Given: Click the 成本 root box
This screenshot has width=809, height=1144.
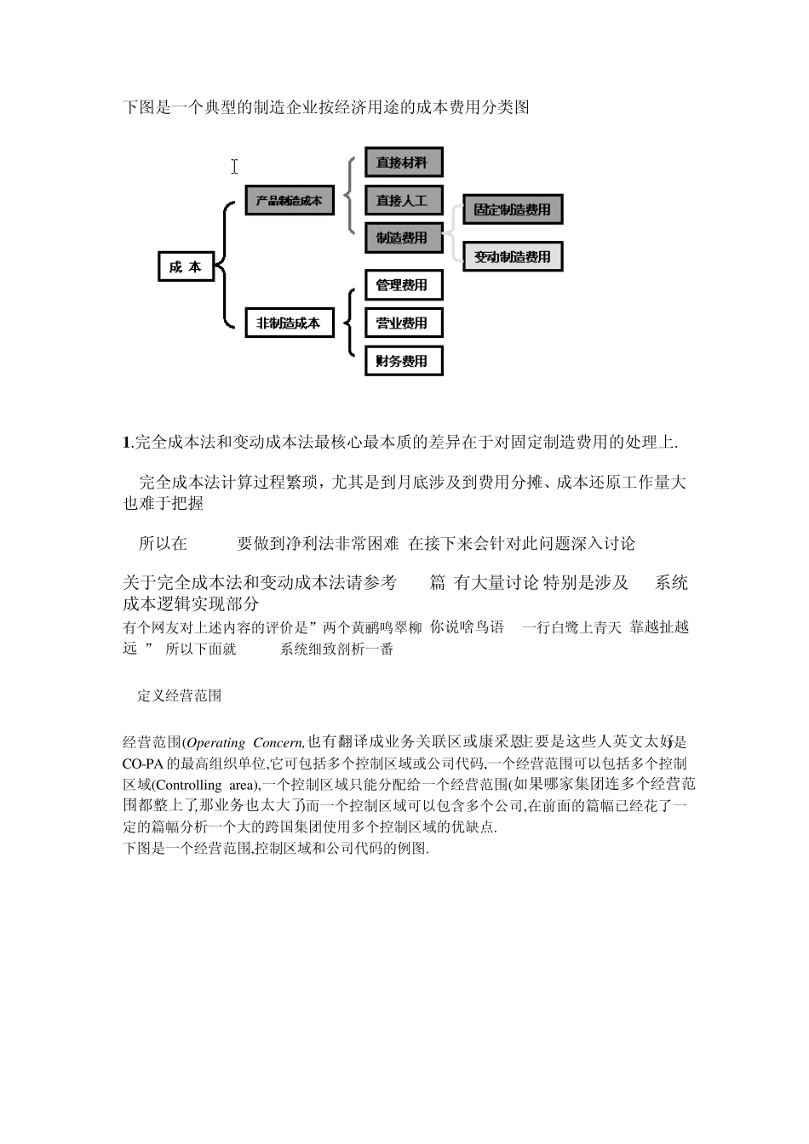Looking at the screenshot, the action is pyautogui.click(x=186, y=267).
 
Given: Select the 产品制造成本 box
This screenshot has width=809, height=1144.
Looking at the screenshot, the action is pyautogui.click(x=290, y=201).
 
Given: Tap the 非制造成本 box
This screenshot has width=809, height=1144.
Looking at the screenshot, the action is pyautogui.click(x=290, y=323).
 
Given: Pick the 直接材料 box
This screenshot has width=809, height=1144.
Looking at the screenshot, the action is pyautogui.click(x=404, y=163).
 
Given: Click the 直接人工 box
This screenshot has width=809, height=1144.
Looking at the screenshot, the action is pyautogui.click(x=404, y=201).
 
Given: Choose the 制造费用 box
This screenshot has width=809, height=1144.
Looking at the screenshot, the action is pyautogui.click(x=404, y=238).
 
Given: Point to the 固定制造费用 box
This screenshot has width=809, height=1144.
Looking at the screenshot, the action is pyautogui.click(x=513, y=210).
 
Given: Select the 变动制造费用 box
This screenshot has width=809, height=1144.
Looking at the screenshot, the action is pyautogui.click(x=513, y=257).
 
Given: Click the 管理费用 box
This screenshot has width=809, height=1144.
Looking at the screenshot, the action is pyautogui.click(x=404, y=285).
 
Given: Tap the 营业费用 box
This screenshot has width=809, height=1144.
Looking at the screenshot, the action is pyautogui.click(x=404, y=323).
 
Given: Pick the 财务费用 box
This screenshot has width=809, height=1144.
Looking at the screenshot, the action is pyautogui.click(x=404, y=361).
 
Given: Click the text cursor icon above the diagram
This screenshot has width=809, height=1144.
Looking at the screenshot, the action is pyautogui.click(x=234, y=167).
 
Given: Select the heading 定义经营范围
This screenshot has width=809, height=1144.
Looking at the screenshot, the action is pyautogui.click(x=180, y=695).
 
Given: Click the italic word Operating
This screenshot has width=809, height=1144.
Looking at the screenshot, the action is pyautogui.click(x=215, y=743).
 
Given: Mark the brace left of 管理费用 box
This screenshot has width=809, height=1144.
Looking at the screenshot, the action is pyautogui.click(x=351, y=323).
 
